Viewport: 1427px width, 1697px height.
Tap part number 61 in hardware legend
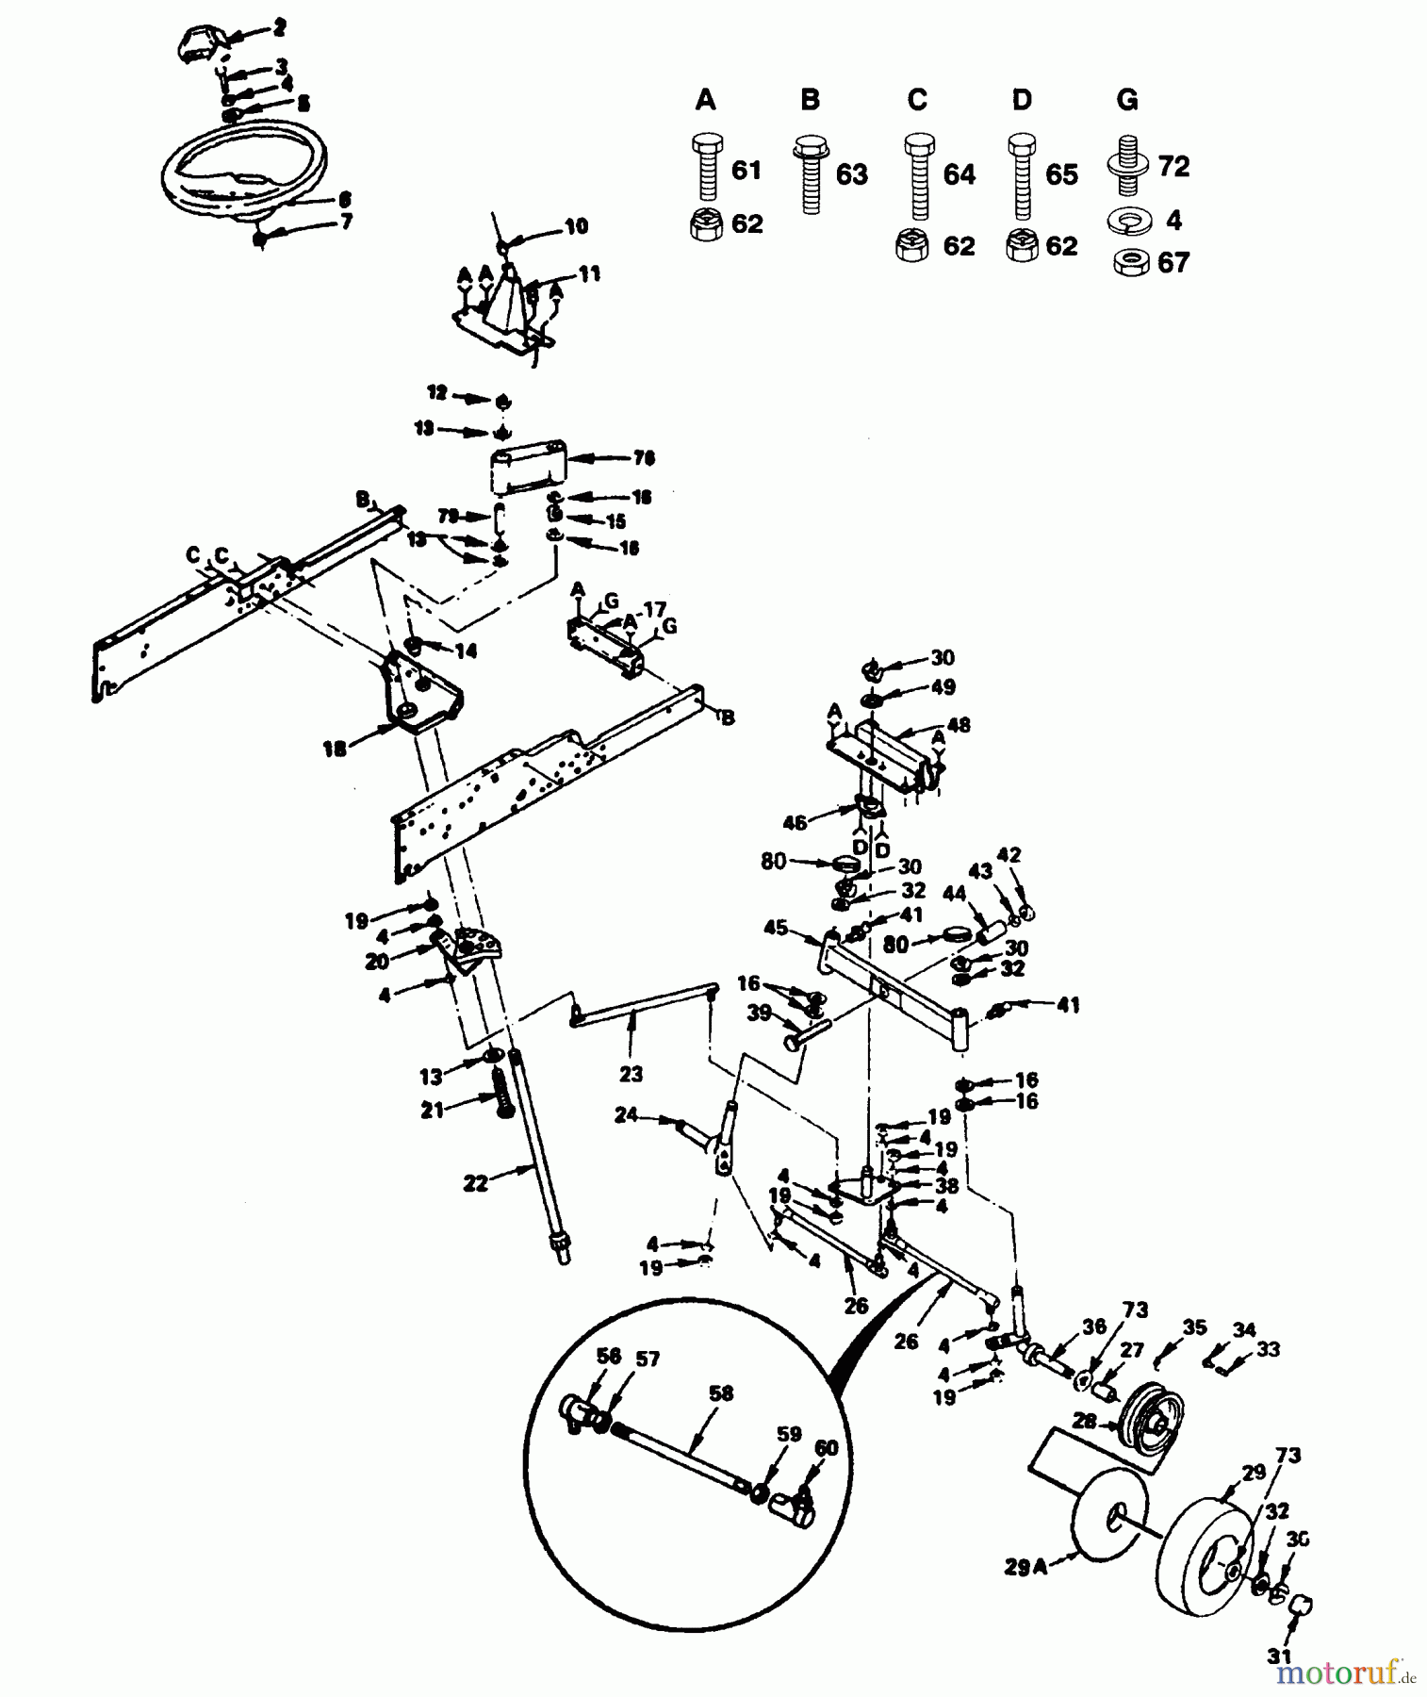click(746, 171)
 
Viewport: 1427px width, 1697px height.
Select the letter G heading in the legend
click(1126, 100)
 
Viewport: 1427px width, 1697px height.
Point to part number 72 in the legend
click(1173, 167)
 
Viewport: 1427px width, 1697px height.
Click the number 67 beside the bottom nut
click(1173, 263)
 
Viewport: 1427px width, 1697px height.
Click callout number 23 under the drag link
click(631, 1073)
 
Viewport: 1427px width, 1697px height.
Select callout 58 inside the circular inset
click(721, 1393)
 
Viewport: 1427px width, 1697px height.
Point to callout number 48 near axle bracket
click(959, 725)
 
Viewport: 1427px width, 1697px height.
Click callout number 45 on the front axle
click(776, 928)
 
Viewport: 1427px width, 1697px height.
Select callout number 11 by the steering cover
click(589, 273)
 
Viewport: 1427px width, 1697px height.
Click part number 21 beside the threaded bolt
click(432, 1112)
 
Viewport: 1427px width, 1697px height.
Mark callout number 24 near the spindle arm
click(627, 1116)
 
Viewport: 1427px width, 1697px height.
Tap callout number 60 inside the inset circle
click(826, 1446)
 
